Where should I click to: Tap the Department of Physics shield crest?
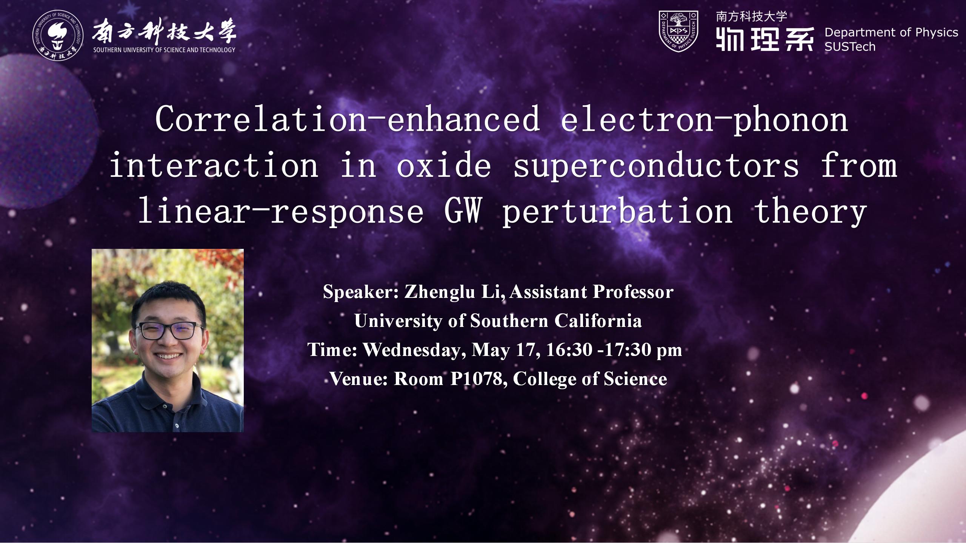coord(678,31)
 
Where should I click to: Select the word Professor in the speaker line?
coord(633,292)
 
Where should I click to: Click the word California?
coord(598,321)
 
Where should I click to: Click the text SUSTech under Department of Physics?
coord(850,47)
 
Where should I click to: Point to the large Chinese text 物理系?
coord(764,39)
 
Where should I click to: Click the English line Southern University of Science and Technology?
coord(164,50)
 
